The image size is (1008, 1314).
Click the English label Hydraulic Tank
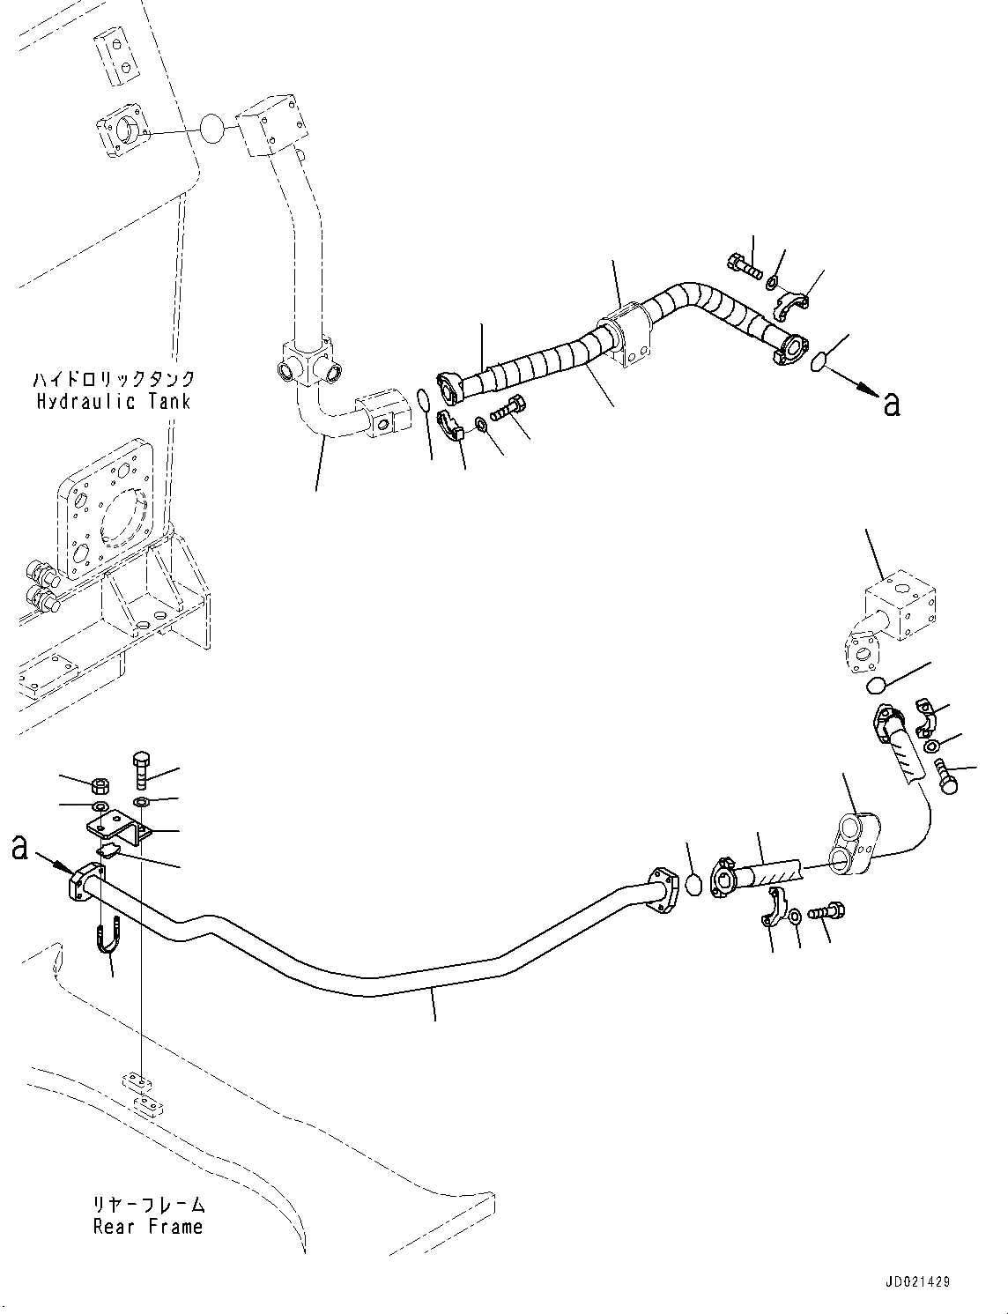(114, 402)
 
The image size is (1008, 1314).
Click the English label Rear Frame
(148, 1226)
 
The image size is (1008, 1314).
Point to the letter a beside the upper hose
(892, 405)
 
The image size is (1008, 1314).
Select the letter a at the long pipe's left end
(20, 848)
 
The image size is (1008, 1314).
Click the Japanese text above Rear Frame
(148, 1204)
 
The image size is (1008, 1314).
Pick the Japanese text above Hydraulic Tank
(114, 380)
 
